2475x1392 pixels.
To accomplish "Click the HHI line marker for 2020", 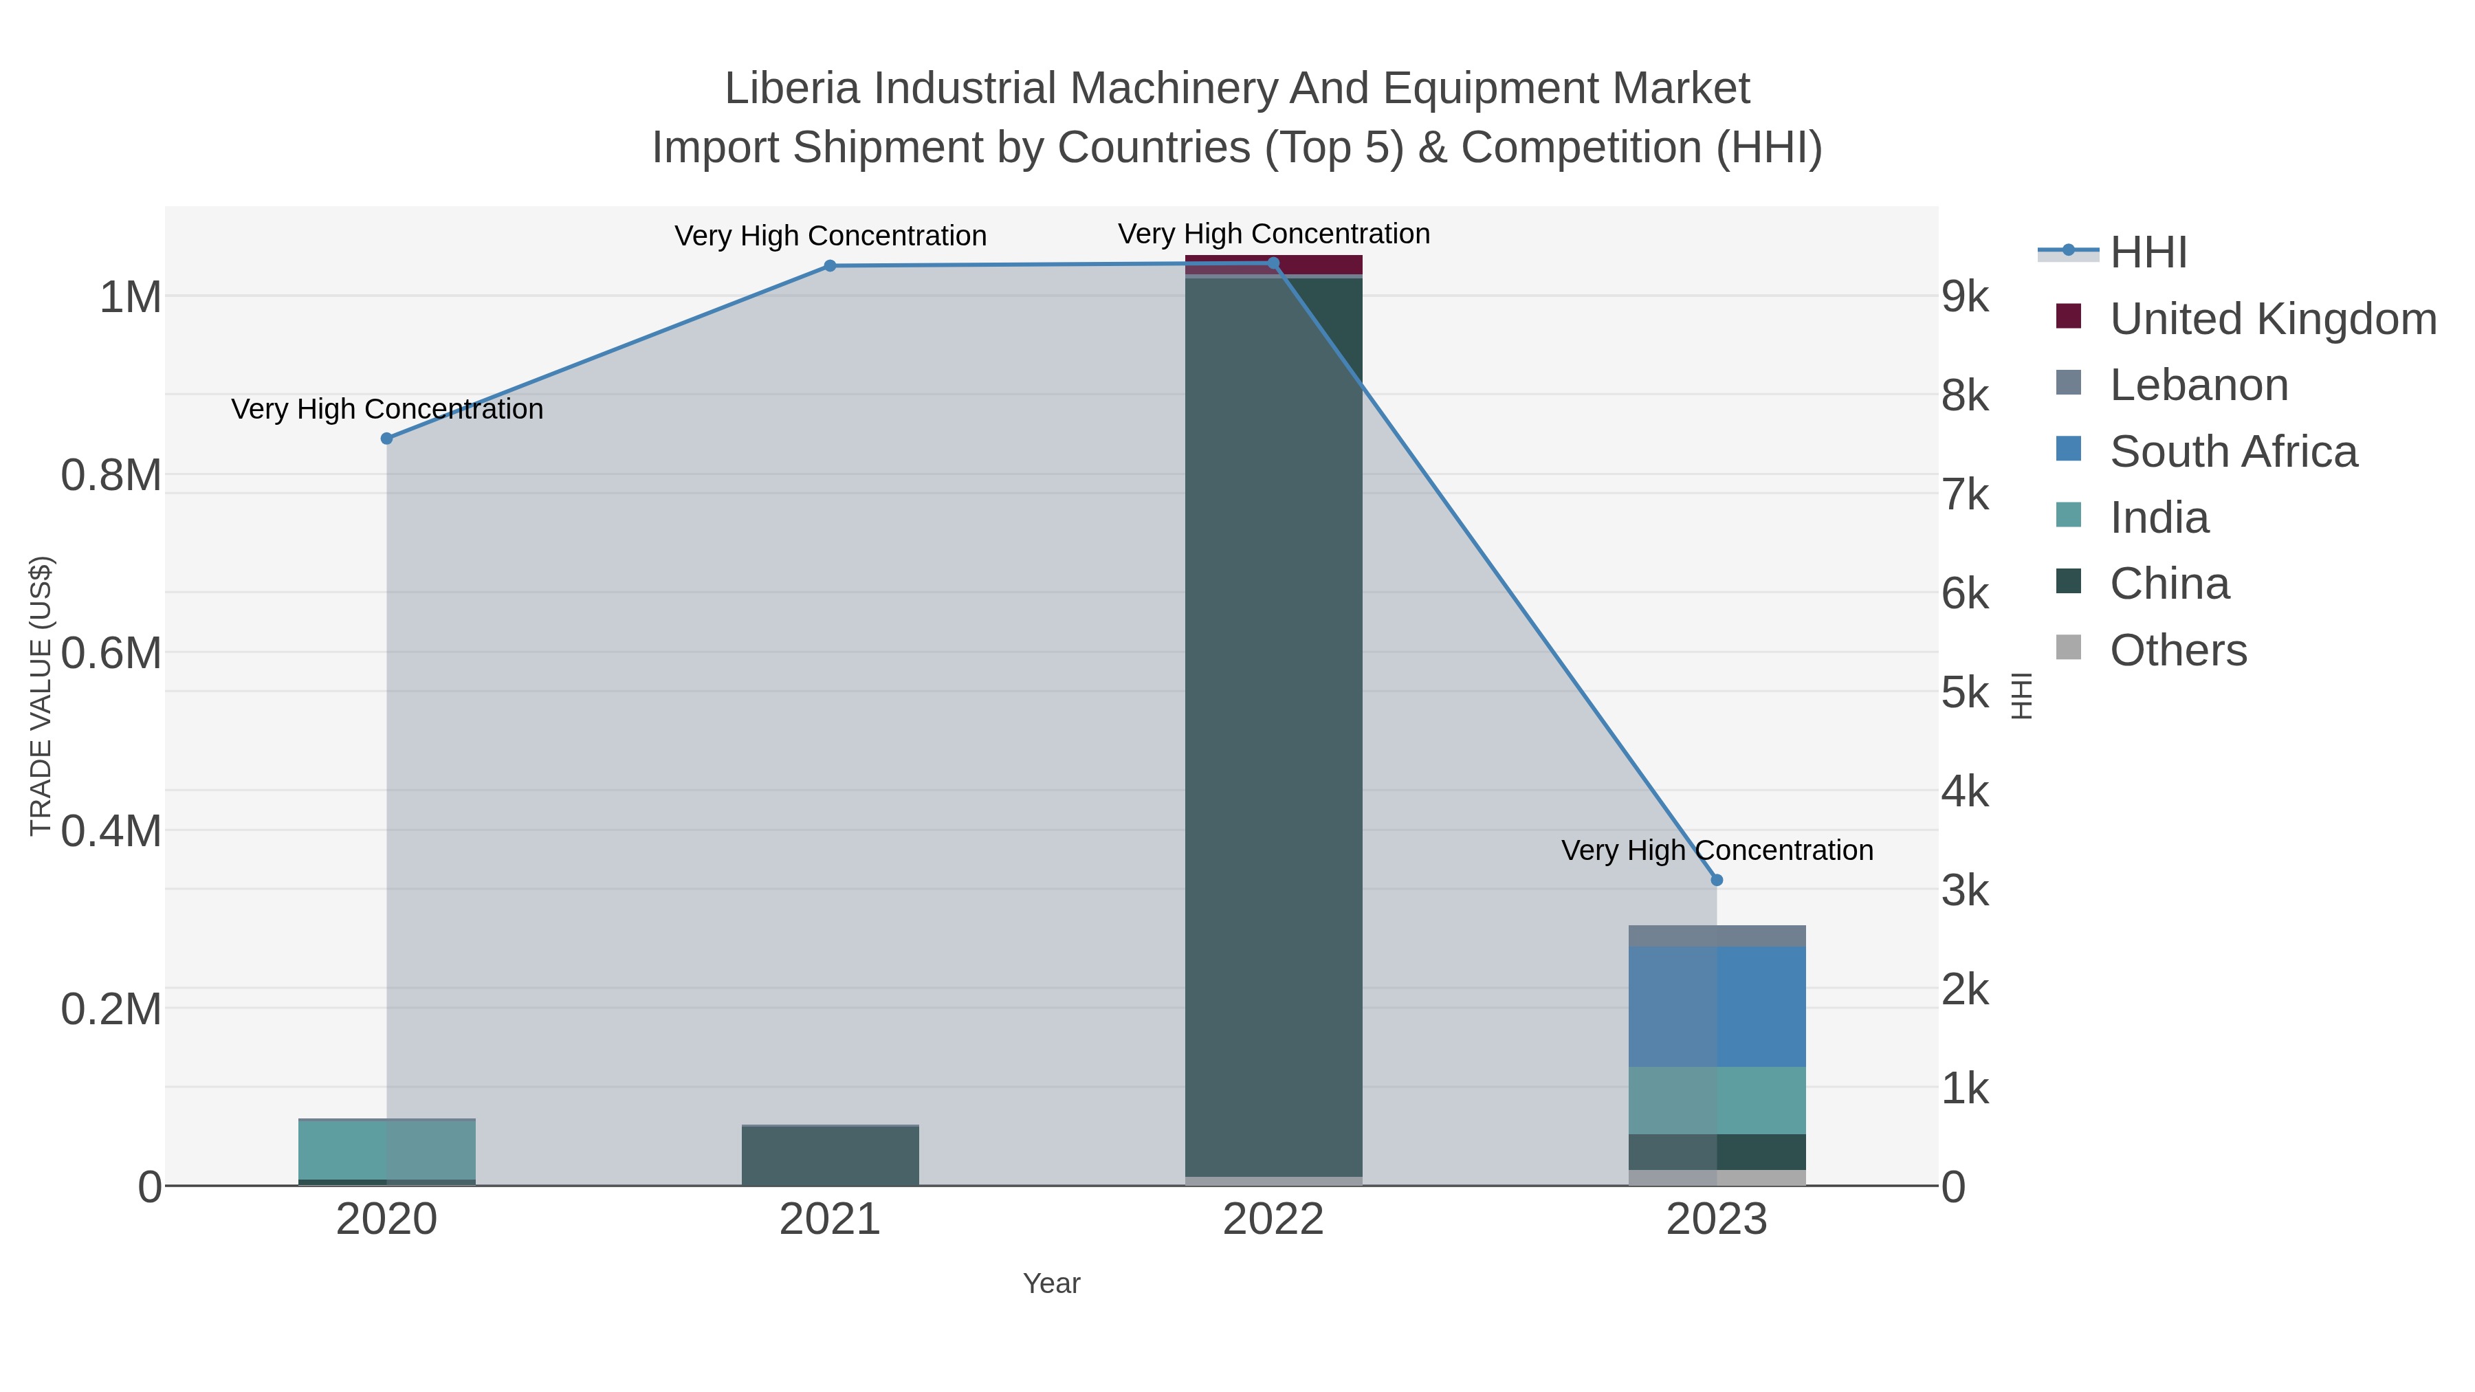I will [387, 438].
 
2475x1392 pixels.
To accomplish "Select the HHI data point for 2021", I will [830, 266].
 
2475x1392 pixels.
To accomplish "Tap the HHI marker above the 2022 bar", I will [1273, 263].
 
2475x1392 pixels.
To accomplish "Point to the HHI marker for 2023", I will [1717, 880].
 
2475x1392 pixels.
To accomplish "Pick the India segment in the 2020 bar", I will [387, 1149].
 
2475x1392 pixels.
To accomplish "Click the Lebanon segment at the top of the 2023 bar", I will [1717, 936].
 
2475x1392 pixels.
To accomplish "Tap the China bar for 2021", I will [830, 1156].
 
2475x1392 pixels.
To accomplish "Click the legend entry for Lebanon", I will [2199, 385].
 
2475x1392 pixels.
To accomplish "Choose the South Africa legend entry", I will [2233, 452].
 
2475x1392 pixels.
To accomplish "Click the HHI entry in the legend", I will [2148, 253].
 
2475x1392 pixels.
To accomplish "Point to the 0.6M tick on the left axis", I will [111, 653].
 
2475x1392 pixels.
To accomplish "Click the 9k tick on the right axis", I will [1965, 297].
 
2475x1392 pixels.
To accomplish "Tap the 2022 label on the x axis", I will [1273, 1220].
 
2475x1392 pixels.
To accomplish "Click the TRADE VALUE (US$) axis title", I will [41, 696].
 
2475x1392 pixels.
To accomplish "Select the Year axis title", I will [1051, 1283].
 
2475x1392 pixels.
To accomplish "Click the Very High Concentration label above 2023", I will [1717, 850].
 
